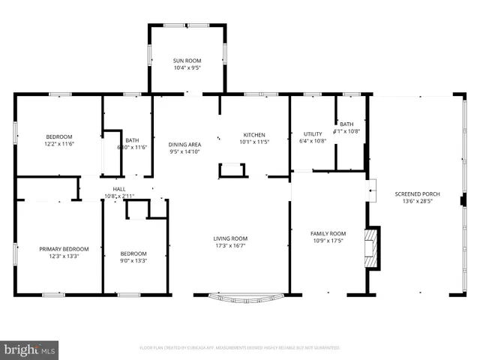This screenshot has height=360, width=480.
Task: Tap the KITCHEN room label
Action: [x=254, y=134]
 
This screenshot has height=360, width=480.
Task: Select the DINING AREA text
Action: [x=184, y=144]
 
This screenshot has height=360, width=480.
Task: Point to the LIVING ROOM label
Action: [x=231, y=238]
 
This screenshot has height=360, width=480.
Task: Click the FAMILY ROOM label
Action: [x=328, y=233]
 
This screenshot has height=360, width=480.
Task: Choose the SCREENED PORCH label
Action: [x=417, y=193]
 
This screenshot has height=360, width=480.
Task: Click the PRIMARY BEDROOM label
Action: [x=64, y=248]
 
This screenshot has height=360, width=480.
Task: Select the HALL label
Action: [x=119, y=189]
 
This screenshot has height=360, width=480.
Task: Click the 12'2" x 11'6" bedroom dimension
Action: [x=60, y=143]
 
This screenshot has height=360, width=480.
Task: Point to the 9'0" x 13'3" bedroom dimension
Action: [x=133, y=261]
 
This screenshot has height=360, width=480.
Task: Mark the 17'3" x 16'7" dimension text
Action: [x=231, y=246]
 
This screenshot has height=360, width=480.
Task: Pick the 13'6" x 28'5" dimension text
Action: [x=417, y=201]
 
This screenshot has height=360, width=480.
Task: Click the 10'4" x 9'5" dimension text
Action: [x=188, y=67]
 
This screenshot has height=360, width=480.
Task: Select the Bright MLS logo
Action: [x=30, y=349]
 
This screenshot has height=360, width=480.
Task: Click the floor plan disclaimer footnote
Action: [x=240, y=348]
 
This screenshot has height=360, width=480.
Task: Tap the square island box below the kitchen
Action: [x=232, y=170]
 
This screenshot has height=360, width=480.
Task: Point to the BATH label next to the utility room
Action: [x=346, y=124]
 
